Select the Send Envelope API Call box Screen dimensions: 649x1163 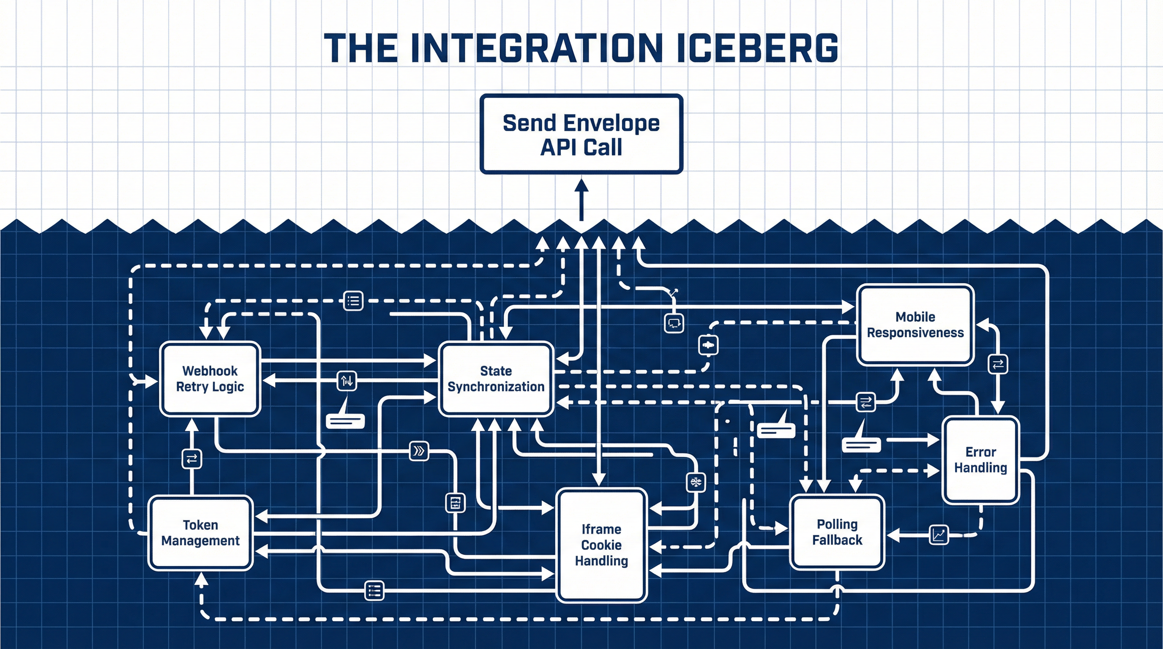pyautogui.click(x=581, y=134)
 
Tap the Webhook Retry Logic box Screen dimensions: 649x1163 pyautogui.click(x=210, y=379)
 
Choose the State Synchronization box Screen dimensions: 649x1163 pyautogui.click(x=496, y=379)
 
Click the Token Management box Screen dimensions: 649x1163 pyautogui.click(x=200, y=532)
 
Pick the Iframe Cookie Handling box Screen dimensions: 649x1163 pyautogui.click(x=601, y=545)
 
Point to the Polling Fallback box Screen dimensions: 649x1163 pyautogui.click(x=837, y=532)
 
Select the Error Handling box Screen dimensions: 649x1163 pyautogui.click(x=980, y=459)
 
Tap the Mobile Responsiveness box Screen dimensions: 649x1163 pyautogui.click(x=915, y=324)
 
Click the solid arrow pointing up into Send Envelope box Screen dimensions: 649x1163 pyautogui.click(x=581, y=199)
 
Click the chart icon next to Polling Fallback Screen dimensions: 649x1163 pyautogui.click(x=939, y=535)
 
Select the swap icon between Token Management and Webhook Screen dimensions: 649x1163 pyautogui.click(x=191, y=459)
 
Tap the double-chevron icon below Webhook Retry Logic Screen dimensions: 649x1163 pyautogui.click(x=418, y=451)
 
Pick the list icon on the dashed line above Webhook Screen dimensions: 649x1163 pyautogui.click(x=353, y=300)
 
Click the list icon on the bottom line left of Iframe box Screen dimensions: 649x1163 pyautogui.click(x=374, y=590)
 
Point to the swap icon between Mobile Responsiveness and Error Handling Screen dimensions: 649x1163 pyautogui.click(x=998, y=364)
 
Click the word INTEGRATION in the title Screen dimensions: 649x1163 pyautogui.click(x=537, y=48)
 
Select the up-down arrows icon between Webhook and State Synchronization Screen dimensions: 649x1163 pyautogui.click(x=347, y=381)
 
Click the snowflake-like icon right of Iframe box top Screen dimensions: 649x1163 pyautogui.click(x=695, y=483)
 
